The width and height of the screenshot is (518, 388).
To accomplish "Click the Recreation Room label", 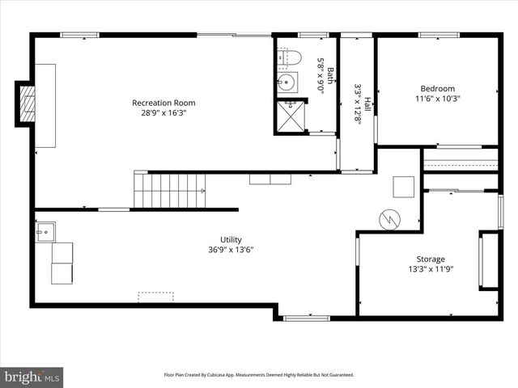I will [x=163, y=103].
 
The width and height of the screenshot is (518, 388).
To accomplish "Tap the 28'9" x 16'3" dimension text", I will [x=163, y=113].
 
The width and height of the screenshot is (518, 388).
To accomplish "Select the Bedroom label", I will [x=437, y=89].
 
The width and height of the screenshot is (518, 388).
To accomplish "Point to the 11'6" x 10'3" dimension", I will [x=437, y=99].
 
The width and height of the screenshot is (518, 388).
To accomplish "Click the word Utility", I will [x=231, y=239].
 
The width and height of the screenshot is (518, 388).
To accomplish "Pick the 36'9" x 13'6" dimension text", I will [x=231, y=250].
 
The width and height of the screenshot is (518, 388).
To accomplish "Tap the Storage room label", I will [x=430, y=259].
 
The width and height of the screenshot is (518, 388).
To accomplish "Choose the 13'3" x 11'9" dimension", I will [x=430, y=269].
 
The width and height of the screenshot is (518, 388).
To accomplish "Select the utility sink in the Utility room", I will [x=44, y=233].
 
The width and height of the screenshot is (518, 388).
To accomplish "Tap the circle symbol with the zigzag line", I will [x=390, y=220].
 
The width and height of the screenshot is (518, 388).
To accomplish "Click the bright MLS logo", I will [x=32, y=377].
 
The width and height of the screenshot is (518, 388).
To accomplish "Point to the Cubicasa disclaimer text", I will [x=259, y=375].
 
